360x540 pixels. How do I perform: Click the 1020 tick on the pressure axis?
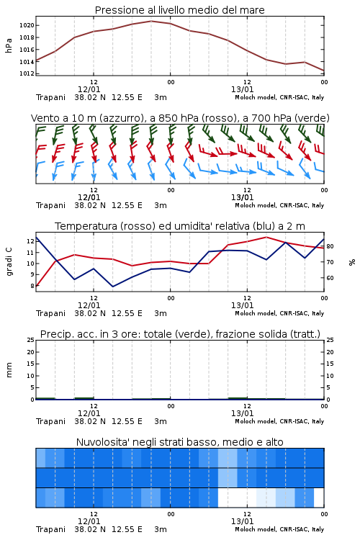pyautogui.click(x=27, y=25)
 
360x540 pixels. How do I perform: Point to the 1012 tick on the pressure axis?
pyautogui.click(x=27, y=73)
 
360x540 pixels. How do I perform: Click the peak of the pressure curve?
pyautogui.click(x=151, y=21)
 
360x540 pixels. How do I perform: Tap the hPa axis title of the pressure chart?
pyautogui.click(x=9, y=45)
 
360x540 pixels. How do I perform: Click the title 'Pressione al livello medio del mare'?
pyautogui.click(x=180, y=10)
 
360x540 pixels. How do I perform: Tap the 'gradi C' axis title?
pyautogui.click(x=9, y=262)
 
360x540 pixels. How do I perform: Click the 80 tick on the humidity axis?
pyautogui.click(x=330, y=246)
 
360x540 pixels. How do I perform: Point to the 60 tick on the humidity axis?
pyautogui.click(x=330, y=278)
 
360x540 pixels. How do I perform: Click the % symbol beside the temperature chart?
pyautogui.click(x=352, y=262)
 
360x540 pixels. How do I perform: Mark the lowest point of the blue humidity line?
pyautogui.click(x=112, y=287)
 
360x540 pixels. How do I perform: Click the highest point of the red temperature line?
pyautogui.click(x=266, y=237)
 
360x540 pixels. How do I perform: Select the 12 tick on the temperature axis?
pyautogui.click(x=30, y=241)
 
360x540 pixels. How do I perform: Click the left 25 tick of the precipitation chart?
pyautogui.click(x=30, y=340)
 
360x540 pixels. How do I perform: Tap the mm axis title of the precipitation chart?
pyautogui.click(x=9, y=370)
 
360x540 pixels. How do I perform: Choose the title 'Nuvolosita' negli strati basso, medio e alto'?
pyautogui.click(x=180, y=442)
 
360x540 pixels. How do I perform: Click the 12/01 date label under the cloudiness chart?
pyautogui.click(x=89, y=521)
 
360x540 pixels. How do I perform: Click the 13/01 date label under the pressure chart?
pyautogui.click(x=242, y=89)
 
